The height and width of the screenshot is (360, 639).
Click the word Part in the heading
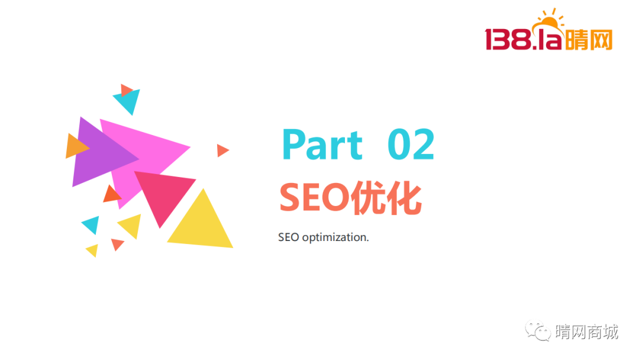322,144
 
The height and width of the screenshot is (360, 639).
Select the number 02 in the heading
411,144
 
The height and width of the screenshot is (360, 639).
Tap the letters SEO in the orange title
314,198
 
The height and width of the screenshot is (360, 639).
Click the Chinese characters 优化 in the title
386,198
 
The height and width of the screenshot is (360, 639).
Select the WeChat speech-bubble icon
538,330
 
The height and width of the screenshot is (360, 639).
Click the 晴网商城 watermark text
587,332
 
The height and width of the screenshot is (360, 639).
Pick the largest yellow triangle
201,220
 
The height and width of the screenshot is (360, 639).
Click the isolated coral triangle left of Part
222,150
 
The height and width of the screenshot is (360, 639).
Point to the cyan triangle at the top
128,100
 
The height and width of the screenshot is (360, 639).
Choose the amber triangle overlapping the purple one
75,146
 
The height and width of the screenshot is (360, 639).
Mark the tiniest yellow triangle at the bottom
93,250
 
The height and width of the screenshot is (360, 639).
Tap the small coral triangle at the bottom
117,244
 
